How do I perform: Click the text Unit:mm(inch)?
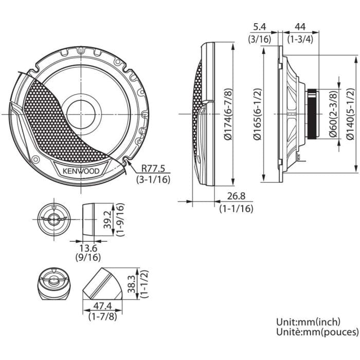pos(308,322)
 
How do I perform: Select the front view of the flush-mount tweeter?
pos(53,219)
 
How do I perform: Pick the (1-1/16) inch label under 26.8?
pos(236,209)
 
